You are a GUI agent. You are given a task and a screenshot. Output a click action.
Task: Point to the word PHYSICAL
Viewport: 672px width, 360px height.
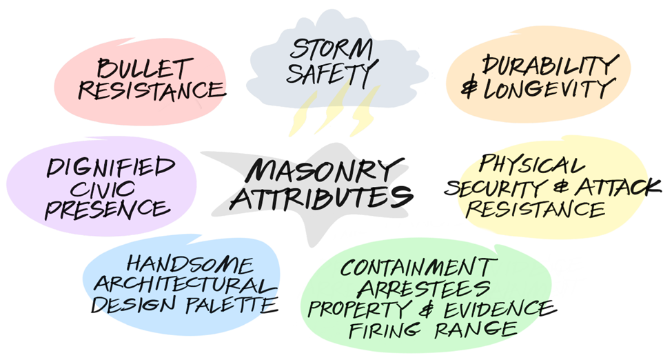532,166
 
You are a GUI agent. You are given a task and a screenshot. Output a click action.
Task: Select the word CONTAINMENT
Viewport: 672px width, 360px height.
418,266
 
